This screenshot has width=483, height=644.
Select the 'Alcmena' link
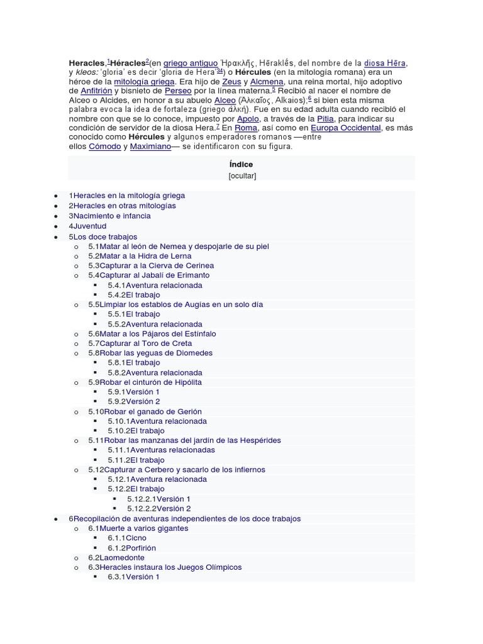pyautogui.click(x=267, y=82)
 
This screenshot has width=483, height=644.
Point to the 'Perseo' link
pyautogui.click(x=178, y=91)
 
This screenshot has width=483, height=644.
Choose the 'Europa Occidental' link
pyautogui.click(x=347, y=128)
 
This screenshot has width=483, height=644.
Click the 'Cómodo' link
pyautogui.click(x=105, y=147)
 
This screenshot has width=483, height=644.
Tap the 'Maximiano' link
pyautogui.click(x=151, y=147)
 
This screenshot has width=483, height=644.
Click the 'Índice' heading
pyautogui.click(x=241, y=165)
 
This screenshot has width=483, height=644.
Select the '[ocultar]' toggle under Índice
pyautogui.click(x=242, y=176)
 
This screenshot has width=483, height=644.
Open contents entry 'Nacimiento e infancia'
pyautogui.click(x=112, y=216)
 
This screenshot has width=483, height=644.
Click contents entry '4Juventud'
pyautogui.click(x=88, y=226)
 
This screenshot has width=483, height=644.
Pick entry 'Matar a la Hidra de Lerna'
pyautogui.click(x=147, y=256)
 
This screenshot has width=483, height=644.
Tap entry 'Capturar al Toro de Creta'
pyautogui.click(x=146, y=343)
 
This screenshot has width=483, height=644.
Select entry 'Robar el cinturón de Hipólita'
pyautogui.click(x=150, y=382)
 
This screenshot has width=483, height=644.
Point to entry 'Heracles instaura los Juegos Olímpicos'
pyautogui.click(x=170, y=567)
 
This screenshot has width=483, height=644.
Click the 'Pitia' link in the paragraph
pyautogui.click(x=325, y=119)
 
